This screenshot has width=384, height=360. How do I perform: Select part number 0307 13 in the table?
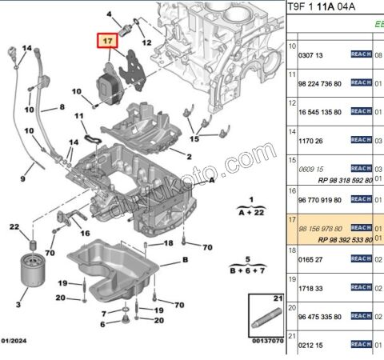[x=310, y=55]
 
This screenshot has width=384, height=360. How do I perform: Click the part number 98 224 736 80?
[x=319, y=83]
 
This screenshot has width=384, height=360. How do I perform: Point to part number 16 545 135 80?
[x=319, y=112]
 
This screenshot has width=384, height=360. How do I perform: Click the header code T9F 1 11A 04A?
[x=323, y=6]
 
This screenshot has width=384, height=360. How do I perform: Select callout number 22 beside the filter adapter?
[x=14, y=228]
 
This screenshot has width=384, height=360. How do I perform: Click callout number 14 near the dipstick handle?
[x=27, y=49]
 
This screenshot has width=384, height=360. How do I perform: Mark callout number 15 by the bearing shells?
[x=194, y=138]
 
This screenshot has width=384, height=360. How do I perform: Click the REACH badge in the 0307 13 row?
[x=362, y=54]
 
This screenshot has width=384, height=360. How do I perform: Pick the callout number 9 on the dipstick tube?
[x=22, y=178]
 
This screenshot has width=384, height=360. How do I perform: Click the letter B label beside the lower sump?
[x=185, y=261]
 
